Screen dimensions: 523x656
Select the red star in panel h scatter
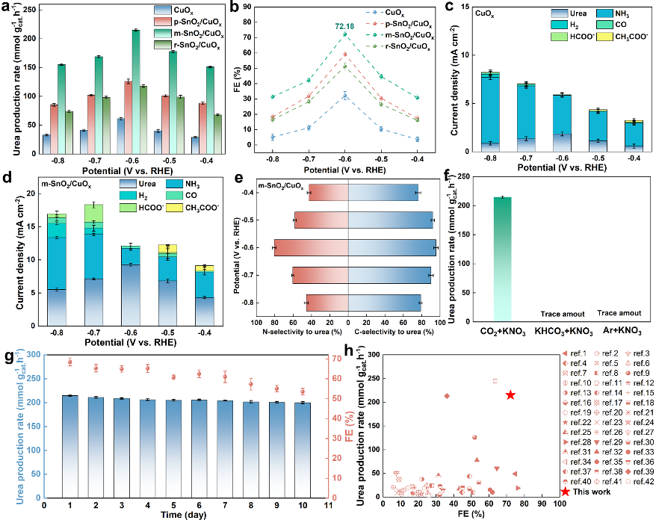510,394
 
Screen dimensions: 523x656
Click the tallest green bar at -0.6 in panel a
135,94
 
